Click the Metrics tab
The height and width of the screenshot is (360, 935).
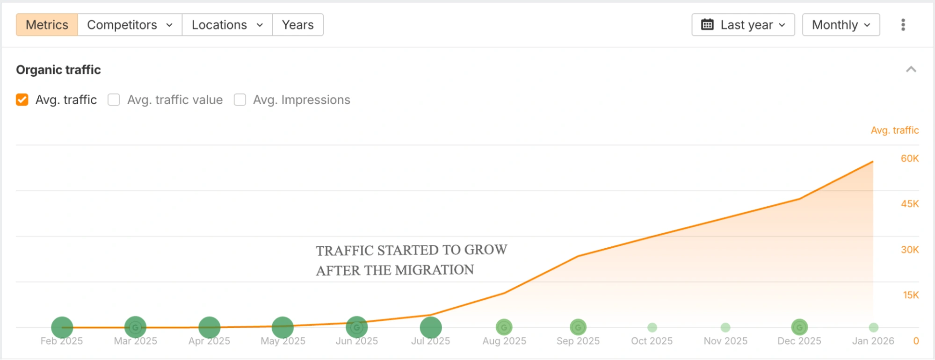(x=47, y=25)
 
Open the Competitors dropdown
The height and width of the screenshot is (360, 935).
(x=130, y=25)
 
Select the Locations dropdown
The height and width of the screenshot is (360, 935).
(x=227, y=25)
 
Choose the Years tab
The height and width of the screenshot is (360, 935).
(x=297, y=25)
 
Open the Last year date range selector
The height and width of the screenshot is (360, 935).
(x=743, y=25)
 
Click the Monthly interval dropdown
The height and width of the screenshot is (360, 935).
(x=841, y=25)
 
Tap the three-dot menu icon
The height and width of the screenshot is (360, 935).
(x=903, y=25)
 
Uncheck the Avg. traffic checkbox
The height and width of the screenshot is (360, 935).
(x=22, y=100)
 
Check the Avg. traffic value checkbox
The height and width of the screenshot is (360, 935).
(x=114, y=100)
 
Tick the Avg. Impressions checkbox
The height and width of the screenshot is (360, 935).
(x=240, y=100)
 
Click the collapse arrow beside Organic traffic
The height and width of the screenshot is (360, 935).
(x=911, y=70)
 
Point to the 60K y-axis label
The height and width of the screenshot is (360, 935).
(x=909, y=158)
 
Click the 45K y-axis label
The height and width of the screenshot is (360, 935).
(x=909, y=204)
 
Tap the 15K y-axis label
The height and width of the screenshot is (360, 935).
(x=910, y=295)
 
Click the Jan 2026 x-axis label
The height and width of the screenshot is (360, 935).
(x=873, y=341)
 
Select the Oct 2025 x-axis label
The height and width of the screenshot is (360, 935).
(x=652, y=341)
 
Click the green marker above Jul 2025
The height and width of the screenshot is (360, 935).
(x=430, y=327)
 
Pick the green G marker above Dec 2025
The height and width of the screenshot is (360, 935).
(x=799, y=327)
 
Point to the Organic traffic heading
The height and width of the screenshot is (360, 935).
(x=58, y=70)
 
